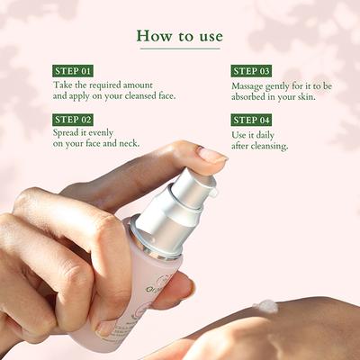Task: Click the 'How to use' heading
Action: (x=179, y=35)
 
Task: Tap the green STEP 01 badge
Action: (x=74, y=70)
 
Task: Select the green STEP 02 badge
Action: (x=74, y=119)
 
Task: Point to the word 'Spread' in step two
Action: (x=68, y=131)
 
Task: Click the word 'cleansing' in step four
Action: (x=267, y=145)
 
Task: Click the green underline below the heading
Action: (x=179, y=49)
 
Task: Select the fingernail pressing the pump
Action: (x=212, y=155)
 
